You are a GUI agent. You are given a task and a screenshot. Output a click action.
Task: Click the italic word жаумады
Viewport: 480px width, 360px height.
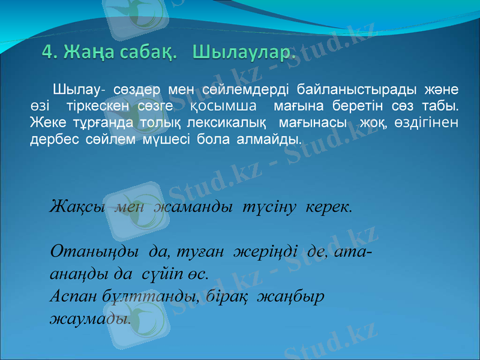coord(90,318)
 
